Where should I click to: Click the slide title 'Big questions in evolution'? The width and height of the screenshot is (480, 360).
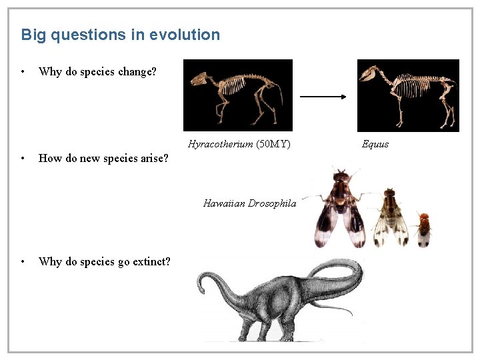click(120, 35)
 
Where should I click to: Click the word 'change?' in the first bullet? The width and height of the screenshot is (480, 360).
click(137, 71)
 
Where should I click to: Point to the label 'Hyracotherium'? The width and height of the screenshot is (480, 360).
click(220, 144)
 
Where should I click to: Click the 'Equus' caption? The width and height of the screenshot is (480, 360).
click(375, 144)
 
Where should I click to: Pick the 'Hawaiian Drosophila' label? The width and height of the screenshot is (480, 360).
click(249, 203)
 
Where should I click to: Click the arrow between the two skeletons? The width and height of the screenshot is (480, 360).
click(324, 97)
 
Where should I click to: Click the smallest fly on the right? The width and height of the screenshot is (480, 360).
click(423, 229)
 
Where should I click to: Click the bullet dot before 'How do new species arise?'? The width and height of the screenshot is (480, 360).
click(23, 159)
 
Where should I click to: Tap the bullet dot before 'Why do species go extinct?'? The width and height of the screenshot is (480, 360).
click(23, 261)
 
